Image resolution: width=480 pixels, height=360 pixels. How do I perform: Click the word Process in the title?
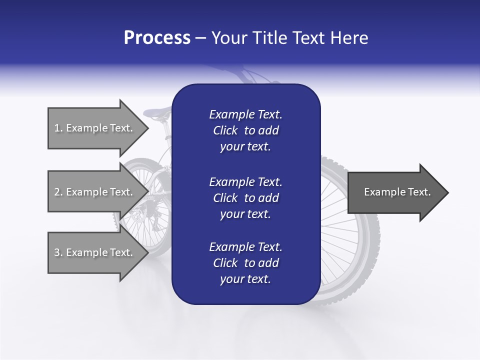(157, 38)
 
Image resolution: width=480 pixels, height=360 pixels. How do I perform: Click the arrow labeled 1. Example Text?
(95, 128)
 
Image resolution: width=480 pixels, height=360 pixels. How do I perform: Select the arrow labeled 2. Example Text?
(95, 192)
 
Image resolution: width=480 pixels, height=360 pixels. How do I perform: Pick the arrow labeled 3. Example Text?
(95, 252)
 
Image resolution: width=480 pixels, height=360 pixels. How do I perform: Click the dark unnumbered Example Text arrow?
(395, 192)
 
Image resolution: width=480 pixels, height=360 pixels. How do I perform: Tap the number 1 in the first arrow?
(56, 128)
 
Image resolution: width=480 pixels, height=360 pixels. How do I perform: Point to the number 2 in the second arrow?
(57, 192)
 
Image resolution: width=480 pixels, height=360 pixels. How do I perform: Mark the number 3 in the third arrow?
(57, 252)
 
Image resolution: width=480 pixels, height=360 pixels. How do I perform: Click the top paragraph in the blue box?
(245, 130)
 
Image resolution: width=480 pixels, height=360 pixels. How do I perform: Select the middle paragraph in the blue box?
(245, 198)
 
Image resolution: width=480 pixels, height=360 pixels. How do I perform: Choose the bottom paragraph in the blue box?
(245, 263)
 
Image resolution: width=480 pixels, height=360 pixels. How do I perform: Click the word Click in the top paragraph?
(225, 130)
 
